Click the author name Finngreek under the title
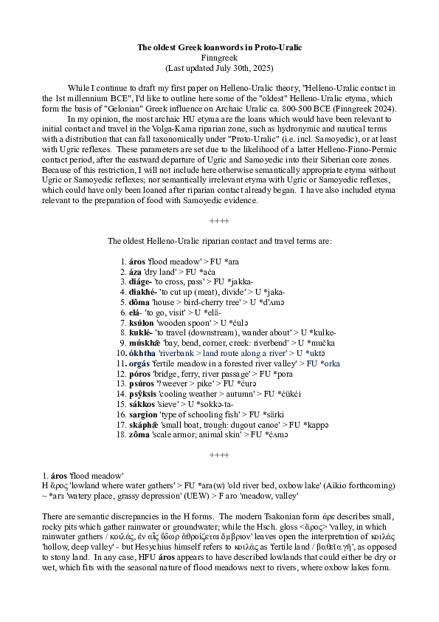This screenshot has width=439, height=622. pos(219,57)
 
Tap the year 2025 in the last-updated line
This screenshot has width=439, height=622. pos(261,67)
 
